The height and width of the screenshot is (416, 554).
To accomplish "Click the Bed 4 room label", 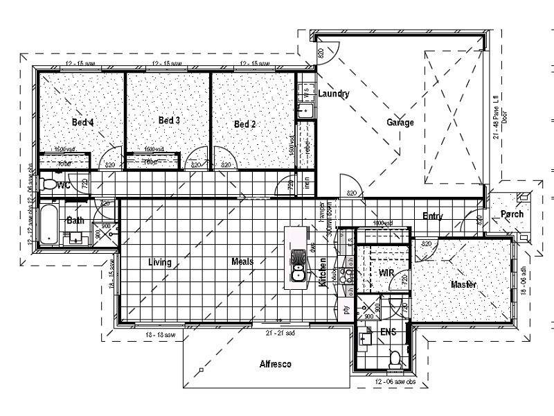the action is [x=83, y=123].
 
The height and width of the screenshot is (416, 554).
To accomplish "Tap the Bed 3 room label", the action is [x=169, y=121].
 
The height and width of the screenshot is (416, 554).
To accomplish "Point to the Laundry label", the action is [x=334, y=94].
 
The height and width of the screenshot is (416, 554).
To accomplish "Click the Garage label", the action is [x=400, y=123].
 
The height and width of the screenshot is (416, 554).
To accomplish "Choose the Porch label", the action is [x=512, y=214].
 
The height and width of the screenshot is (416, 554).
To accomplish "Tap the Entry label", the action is [x=433, y=217].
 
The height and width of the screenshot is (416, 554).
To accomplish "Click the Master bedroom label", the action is [x=465, y=285].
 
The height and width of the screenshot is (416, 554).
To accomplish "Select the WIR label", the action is [x=386, y=273].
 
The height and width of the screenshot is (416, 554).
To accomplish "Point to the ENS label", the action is [x=388, y=332].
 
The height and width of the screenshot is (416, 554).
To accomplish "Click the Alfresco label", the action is [x=275, y=364].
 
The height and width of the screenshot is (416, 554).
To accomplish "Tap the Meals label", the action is [x=242, y=262].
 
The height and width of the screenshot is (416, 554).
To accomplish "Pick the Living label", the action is [x=160, y=262].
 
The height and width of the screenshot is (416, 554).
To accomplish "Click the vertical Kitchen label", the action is [x=323, y=272].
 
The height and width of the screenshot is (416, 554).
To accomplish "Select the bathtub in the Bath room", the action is [x=49, y=225].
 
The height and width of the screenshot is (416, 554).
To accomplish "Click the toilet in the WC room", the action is [x=49, y=184].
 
